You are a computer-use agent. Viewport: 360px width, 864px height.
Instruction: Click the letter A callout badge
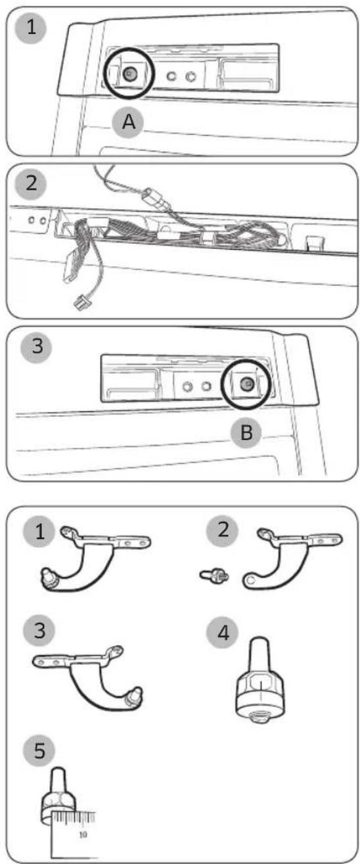128,122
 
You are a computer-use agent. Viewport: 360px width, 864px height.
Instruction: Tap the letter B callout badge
246,432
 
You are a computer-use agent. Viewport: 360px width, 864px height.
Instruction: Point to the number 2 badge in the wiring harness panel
31,183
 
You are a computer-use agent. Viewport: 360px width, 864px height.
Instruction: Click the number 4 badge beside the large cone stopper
223,633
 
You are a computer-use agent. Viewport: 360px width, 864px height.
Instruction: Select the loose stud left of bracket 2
215,576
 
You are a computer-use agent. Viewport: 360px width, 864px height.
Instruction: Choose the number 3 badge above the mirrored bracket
39,631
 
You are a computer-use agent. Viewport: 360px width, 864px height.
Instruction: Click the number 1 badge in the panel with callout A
31,28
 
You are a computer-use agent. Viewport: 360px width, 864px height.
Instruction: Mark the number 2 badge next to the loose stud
223,530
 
